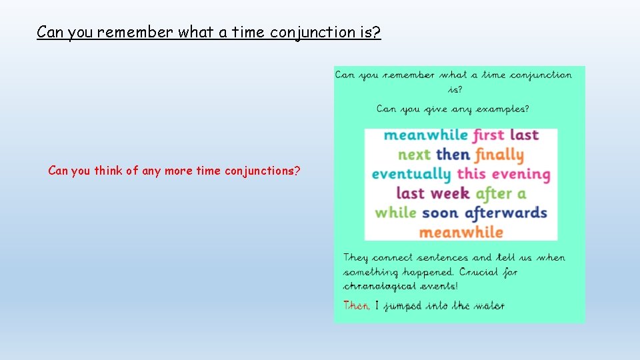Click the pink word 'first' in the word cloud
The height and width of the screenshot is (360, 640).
pos(489,135)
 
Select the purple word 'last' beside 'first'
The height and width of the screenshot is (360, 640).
pos(524,135)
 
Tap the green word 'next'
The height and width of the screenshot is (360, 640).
pos(414,155)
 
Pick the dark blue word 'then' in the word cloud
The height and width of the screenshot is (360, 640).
pos(453,155)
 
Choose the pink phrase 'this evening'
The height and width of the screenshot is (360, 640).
pos(503,175)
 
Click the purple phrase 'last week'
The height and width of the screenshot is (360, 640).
pos(433,194)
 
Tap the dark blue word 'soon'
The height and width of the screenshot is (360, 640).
pos(440,213)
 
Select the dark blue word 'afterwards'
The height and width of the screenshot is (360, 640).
pos(505,213)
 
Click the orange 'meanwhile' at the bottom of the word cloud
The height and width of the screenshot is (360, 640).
pos(461,233)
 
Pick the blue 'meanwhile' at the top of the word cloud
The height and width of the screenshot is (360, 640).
pos(425,135)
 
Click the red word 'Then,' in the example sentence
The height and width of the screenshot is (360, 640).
pos(356,306)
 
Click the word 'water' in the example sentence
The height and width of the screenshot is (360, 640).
pos(491,306)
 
